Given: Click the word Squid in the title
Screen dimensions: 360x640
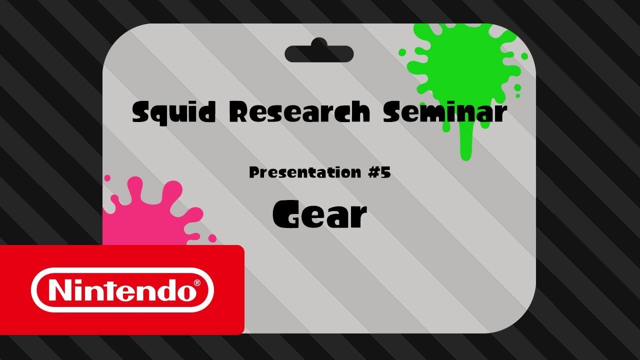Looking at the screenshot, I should (x=173, y=112).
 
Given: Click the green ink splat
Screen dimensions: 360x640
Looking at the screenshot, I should (x=462, y=65).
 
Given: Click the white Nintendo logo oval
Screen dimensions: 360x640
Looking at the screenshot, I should (x=122, y=290).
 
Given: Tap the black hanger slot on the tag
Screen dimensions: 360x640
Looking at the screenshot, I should (x=319, y=53).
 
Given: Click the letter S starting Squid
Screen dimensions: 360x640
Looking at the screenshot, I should (x=142, y=112).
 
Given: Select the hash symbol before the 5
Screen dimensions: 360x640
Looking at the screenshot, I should (x=370, y=173).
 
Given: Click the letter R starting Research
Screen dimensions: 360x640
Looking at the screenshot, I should (x=240, y=112).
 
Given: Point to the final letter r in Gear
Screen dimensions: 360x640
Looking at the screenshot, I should (x=357, y=217).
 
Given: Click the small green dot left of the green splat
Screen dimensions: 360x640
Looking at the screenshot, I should (x=402, y=52).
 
